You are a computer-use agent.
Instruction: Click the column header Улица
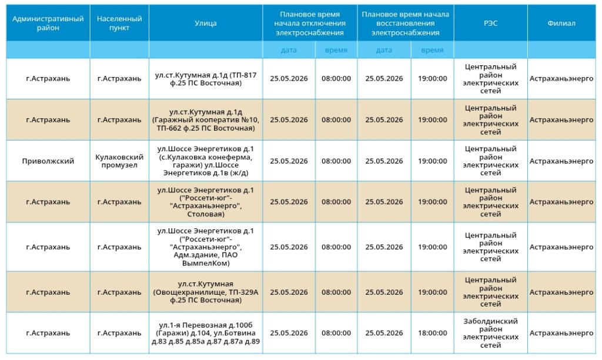click(x=205, y=23)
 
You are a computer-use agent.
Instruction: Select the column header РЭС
click(x=490, y=23)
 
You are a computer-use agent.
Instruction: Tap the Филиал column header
click(x=561, y=23)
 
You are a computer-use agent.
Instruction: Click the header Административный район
click(x=48, y=23)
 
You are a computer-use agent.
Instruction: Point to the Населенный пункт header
click(x=119, y=23)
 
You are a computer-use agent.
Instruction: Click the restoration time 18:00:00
click(x=432, y=333)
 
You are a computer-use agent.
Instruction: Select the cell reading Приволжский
click(x=48, y=161)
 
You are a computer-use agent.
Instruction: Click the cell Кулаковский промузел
click(x=119, y=161)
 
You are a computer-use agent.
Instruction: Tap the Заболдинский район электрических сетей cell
click(x=490, y=333)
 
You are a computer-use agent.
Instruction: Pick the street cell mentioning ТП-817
click(x=205, y=79)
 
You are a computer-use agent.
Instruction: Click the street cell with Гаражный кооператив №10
click(x=205, y=120)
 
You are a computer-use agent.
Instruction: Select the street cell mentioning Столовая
click(x=205, y=202)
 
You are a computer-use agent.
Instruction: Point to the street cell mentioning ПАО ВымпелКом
click(x=205, y=247)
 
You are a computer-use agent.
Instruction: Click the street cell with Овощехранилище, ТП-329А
click(x=205, y=292)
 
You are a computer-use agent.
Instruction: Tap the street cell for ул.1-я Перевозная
click(x=205, y=333)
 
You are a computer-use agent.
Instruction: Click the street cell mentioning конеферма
click(x=205, y=161)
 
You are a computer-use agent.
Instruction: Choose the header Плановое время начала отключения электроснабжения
click(x=309, y=24)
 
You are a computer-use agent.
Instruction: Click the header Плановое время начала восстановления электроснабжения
click(x=405, y=24)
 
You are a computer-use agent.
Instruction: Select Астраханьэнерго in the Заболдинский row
click(x=561, y=333)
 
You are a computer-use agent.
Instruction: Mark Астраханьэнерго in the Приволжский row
click(x=561, y=161)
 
